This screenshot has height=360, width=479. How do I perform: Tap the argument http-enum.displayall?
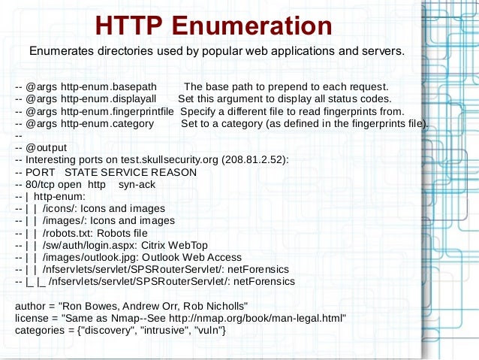click(109, 98)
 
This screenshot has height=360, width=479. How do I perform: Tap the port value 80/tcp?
click(43, 184)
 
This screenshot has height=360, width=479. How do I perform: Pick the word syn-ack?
click(137, 184)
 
